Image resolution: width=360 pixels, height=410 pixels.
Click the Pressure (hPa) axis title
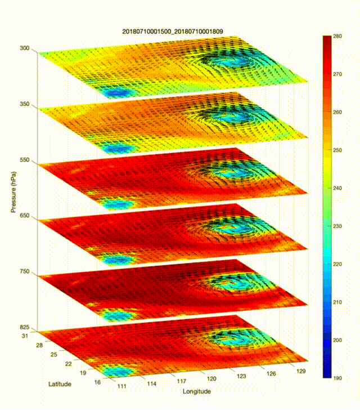[x=13, y=188]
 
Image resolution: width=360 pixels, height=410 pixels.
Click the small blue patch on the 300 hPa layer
[x=116, y=92]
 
